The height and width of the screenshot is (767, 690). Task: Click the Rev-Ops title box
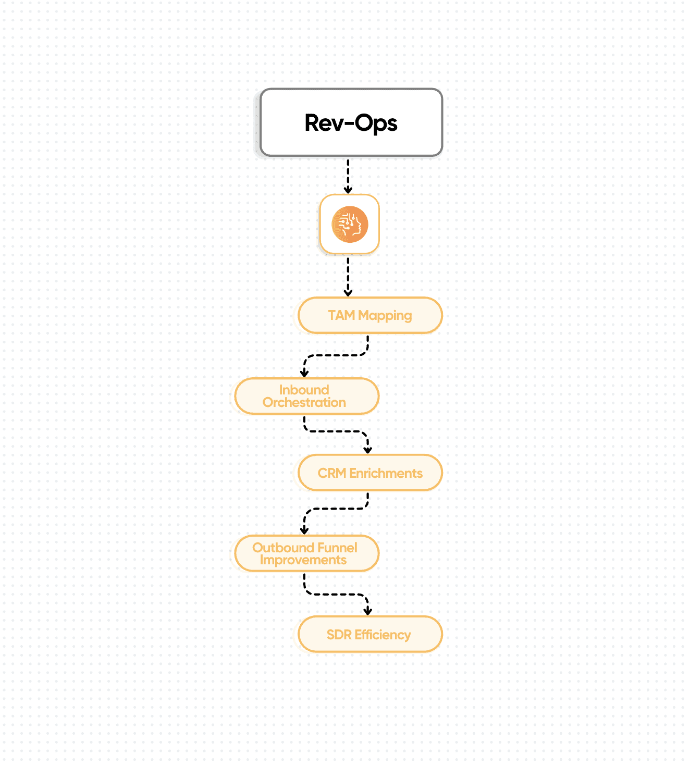click(x=351, y=123)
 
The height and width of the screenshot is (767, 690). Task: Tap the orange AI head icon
click(x=350, y=225)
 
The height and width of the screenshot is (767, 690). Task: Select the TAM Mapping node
click(x=370, y=315)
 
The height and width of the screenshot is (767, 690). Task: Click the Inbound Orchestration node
click(x=306, y=397)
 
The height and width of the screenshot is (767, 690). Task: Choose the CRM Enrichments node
click(x=370, y=473)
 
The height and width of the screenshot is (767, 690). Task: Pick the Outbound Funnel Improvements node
click(x=306, y=553)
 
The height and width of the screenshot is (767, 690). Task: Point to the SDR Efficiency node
click(x=370, y=635)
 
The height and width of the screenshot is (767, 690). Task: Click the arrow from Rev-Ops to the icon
click(x=348, y=176)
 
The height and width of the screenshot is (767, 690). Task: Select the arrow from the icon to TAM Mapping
click(x=348, y=276)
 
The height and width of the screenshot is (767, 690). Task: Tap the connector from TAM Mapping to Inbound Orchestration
click(x=336, y=355)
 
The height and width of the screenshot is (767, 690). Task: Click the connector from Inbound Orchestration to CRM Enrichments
click(x=336, y=431)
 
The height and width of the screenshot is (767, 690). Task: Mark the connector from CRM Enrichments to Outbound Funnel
click(x=336, y=509)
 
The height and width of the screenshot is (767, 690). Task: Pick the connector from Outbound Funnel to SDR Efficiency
click(x=336, y=594)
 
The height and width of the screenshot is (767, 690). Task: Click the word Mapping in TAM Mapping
click(x=385, y=316)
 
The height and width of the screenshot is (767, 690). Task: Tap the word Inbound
click(x=304, y=390)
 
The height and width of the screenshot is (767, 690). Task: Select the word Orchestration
click(x=304, y=402)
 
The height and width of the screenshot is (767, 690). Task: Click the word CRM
click(x=332, y=473)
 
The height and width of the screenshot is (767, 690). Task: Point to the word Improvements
click(x=303, y=560)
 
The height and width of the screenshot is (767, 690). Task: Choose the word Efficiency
click(x=383, y=635)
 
